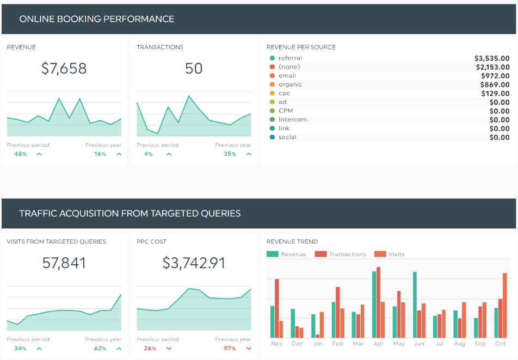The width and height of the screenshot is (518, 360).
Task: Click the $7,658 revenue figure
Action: pos(64,69)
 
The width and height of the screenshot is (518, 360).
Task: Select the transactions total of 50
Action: pos(194,69)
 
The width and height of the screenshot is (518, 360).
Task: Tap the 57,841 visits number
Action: pos(64,263)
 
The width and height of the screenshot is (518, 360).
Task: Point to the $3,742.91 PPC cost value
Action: pos(194,263)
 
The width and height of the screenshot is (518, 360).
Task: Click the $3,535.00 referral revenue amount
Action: pos(492,58)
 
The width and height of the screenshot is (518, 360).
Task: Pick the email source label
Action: pos(287,76)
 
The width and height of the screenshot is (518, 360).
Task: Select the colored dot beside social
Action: pos(272,137)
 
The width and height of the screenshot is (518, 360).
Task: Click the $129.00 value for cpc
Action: pos(495,94)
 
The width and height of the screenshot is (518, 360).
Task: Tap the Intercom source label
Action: pos(293,120)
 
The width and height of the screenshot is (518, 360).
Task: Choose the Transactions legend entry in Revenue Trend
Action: pos(341,254)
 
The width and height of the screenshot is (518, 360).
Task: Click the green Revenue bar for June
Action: pos(415,305)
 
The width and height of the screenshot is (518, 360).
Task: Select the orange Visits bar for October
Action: pos(505,306)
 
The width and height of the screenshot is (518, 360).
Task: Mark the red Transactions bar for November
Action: pos(277,308)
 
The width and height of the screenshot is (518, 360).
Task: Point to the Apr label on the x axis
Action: pos(378,344)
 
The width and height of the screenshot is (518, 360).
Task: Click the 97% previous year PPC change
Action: pos(230,349)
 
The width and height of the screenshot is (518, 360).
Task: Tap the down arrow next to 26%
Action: pos(169,349)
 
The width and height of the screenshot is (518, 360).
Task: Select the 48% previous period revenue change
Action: pos(21,154)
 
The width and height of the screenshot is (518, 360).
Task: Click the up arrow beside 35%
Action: pos(249,154)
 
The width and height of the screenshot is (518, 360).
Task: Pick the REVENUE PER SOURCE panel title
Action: pos(301,47)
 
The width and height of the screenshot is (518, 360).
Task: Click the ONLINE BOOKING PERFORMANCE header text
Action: pos(97,19)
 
